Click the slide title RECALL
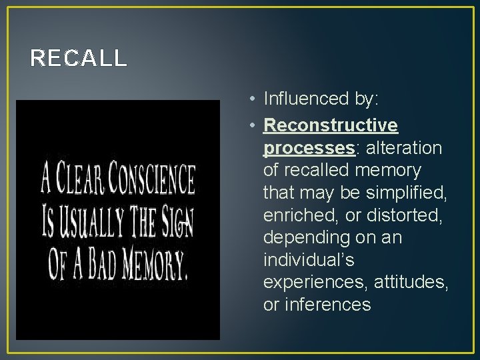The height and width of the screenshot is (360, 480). (78, 59)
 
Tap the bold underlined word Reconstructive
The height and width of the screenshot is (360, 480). (331, 125)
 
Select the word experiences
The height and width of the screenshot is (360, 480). (312, 283)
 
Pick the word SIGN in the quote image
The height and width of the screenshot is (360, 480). (175, 224)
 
